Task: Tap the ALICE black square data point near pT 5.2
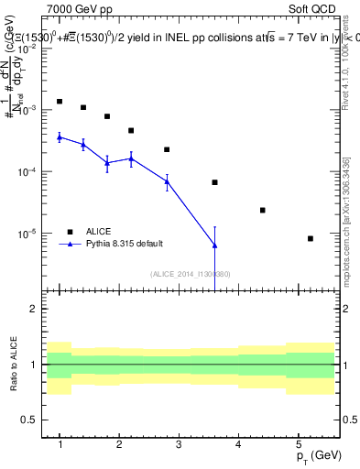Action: pos(311,238)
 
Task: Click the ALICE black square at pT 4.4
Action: pos(263,210)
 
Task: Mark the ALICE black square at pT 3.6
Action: pos(214,182)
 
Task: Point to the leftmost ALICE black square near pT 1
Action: pos(60,102)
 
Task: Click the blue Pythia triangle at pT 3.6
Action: pos(214,245)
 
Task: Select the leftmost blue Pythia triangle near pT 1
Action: pos(60,136)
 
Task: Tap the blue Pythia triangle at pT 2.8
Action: pos(167,181)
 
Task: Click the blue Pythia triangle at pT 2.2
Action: pos(131,158)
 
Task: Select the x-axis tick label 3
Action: pos(179,444)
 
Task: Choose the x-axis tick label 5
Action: pos(298,444)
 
